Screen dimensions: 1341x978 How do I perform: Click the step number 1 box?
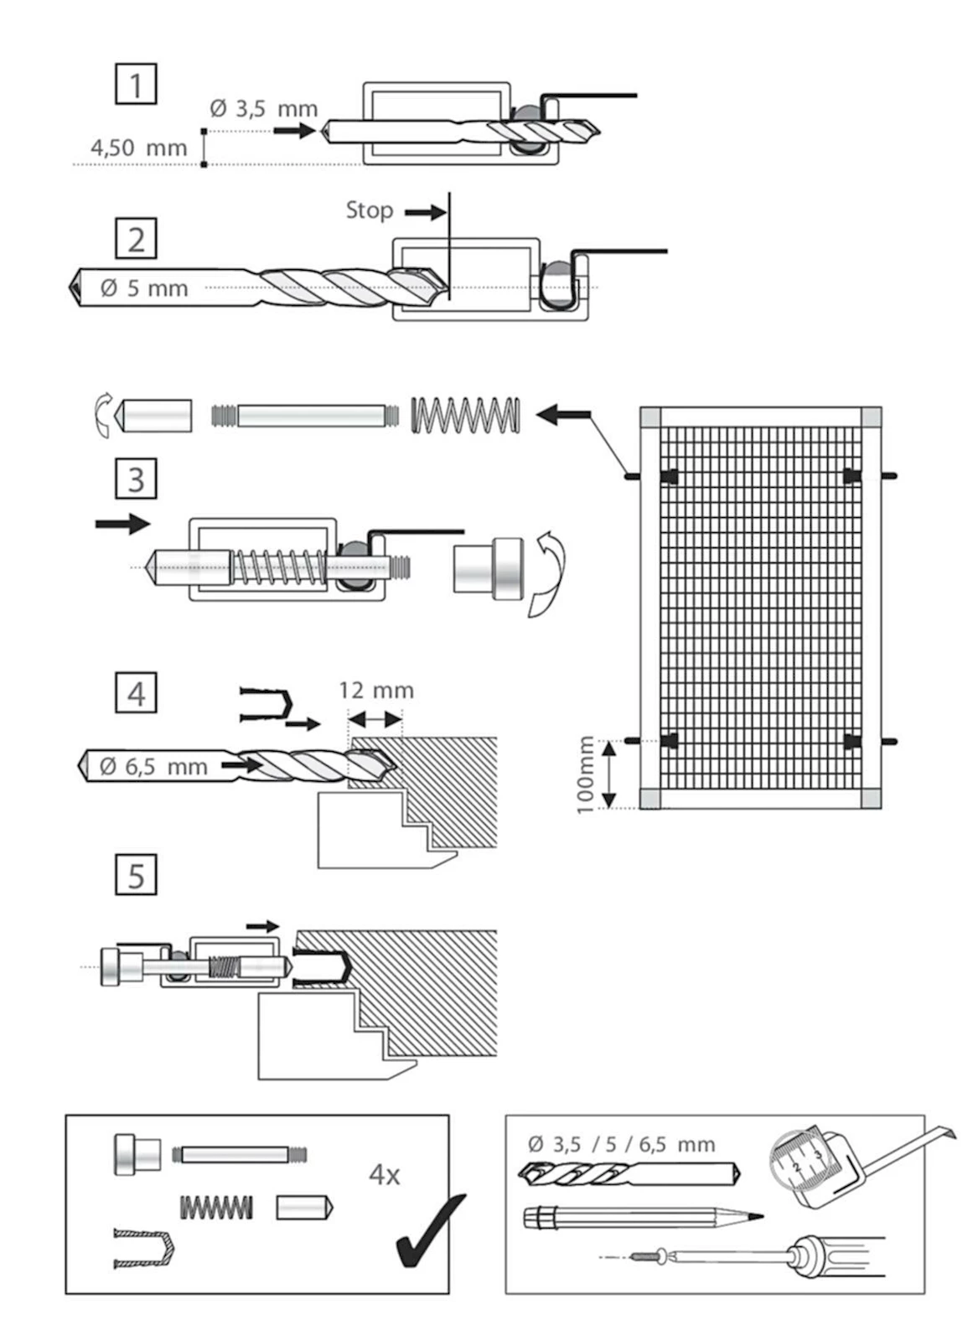(x=136, y=85)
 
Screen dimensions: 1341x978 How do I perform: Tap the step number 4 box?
(x=136, y=693)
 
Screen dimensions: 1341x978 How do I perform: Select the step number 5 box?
(x=136, y=875)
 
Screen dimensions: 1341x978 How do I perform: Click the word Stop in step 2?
(x=370, y=210)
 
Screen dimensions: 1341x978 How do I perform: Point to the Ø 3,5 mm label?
(x=263, y=109)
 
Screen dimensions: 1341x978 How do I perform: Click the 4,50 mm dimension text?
(x=139, y=148)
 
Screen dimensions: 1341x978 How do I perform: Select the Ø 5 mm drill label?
(x=144, y=288)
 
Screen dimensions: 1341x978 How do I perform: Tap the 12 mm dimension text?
(x=375, y=691)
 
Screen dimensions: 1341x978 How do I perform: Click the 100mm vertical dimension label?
(x=585, y=774)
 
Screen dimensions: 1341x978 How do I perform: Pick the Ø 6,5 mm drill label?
(x=153, y=766)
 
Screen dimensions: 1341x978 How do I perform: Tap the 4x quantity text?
(x=384, y=1175)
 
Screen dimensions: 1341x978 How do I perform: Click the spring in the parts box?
(x=216, y=1208)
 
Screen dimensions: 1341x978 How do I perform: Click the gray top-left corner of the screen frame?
(x=650, y=417)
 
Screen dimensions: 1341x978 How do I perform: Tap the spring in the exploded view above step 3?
(x=465, y=415)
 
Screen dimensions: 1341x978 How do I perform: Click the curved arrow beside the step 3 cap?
(x=546, y=575)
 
